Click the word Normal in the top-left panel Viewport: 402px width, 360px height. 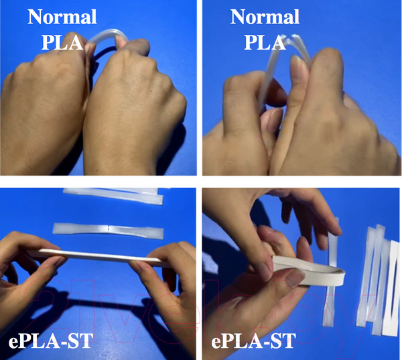point(62,17)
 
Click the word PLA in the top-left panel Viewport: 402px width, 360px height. point(62,42)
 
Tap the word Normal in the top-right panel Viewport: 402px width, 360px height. point(265,17)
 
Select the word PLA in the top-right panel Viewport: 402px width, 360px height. point(265,42)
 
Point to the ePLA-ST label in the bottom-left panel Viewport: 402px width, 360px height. point(51,341)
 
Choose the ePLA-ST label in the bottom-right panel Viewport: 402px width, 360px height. point(253,341)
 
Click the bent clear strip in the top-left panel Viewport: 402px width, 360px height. point(109,36)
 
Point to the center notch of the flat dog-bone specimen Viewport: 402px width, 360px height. point(109,229)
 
